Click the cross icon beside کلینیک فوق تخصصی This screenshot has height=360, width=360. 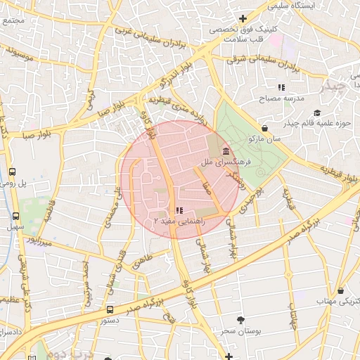pos(243,18)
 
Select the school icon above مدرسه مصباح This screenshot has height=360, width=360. pos(281,88)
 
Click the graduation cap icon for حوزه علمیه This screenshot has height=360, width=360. pos(317,113)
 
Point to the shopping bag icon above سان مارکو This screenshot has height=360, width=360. pos(264,128)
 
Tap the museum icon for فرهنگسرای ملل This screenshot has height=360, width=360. pos(226,152)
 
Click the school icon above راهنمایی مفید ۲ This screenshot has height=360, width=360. pos(179,210)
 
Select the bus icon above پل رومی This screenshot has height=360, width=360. pos(12,172)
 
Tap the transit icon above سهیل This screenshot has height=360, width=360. pos(15,216)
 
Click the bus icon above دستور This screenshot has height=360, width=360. pos(110,309)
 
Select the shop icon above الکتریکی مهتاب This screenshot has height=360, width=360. pos(340,290)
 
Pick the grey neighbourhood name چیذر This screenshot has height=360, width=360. pos(333,87)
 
